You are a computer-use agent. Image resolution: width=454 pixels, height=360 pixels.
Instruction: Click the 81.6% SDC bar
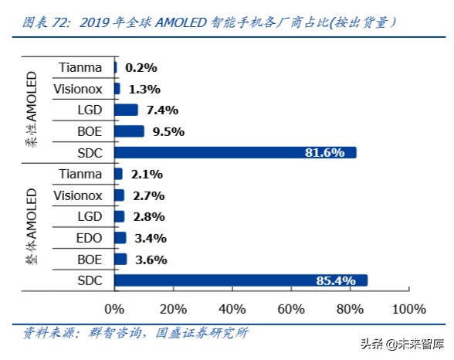point(235,152)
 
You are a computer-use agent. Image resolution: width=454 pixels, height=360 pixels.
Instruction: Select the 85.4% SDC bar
point(241,280)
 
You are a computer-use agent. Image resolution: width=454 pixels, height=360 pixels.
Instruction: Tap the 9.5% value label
point(168,131)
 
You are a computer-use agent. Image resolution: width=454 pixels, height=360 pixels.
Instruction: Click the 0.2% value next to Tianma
point(141,67)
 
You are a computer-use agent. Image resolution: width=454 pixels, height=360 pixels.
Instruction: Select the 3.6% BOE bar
point(120,260)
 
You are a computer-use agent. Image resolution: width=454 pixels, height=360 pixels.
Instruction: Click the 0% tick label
point(114,310)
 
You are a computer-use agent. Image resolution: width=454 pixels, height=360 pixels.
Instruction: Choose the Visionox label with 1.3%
point(78,89)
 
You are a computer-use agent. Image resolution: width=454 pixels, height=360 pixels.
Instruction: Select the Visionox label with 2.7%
point(78,195)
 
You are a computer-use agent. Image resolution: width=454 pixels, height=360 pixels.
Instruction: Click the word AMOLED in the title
point(184,22)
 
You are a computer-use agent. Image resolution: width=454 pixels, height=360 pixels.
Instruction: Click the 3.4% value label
point(151,238)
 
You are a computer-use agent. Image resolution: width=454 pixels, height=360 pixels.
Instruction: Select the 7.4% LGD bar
point(126,110)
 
